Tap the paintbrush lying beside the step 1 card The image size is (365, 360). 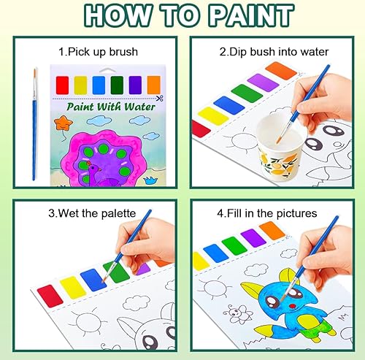(34, 124)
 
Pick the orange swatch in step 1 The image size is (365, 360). (154, 85)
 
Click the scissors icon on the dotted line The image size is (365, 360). (160, 97)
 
